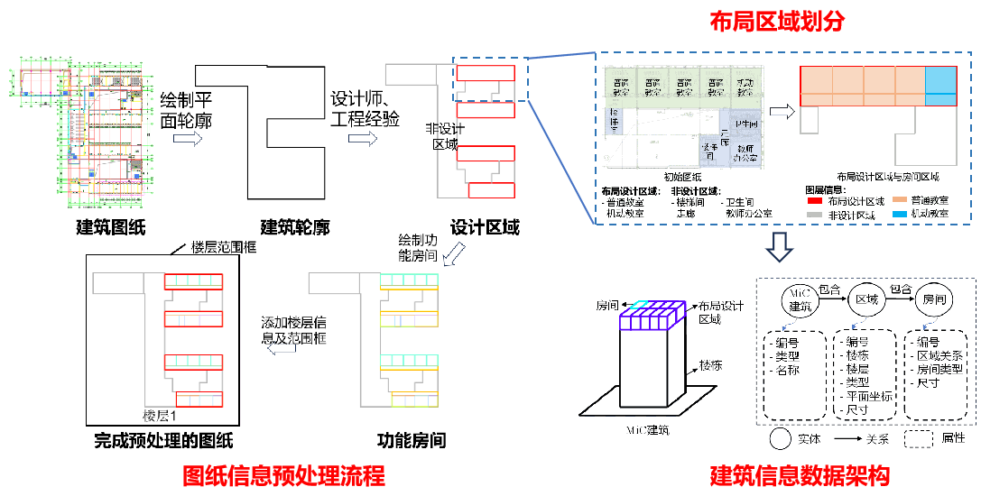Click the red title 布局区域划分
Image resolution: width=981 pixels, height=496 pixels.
[777, 23]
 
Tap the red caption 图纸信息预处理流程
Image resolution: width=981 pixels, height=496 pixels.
[283, 475]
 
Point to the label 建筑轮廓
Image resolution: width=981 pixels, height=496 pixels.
[294, 226]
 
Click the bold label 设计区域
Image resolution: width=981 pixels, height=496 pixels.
[484, 226]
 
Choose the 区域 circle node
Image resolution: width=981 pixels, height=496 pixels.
[866, 299]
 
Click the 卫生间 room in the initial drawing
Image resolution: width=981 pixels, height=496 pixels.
[748, 124]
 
